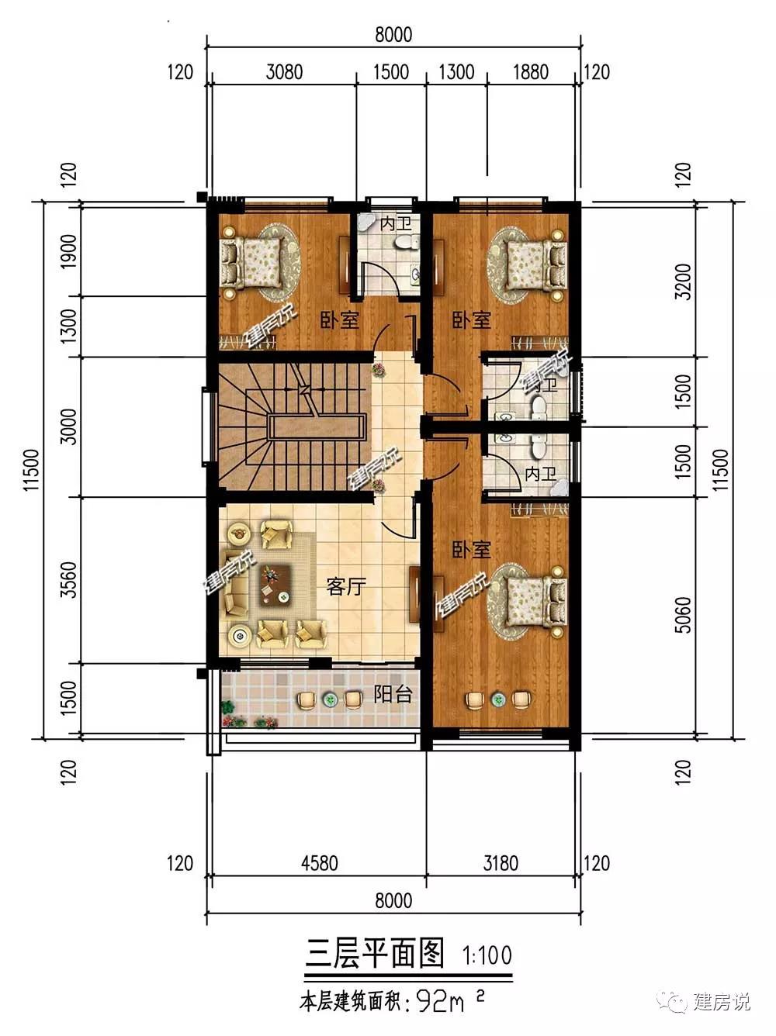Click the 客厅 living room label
[x=346, y=587]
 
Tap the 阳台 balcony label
[x=393, y=694]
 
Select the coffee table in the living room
[x=275, y=586]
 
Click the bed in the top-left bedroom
[x=254, y=262]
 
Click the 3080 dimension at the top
[x=284, y=72]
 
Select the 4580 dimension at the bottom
[x=320, y=864]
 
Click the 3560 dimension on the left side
[x=69, y=579]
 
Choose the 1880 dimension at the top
[x=531, y=72]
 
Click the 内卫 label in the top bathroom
[x=396, y=224]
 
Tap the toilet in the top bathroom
[x=406, y=243]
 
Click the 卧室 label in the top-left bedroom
[x=340, y=320]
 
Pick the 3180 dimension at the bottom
[x=501, y=864]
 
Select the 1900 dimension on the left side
[x=69, y=251]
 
